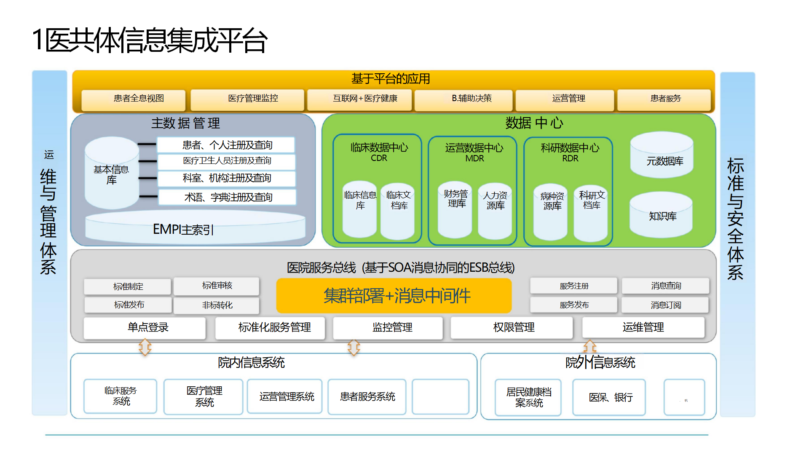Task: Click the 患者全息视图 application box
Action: pos(134,99)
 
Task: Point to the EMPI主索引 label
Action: pos(183,230)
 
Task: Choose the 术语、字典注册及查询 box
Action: pos(228,197)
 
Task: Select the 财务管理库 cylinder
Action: pos(455,209)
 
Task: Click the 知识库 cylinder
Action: pos(661,215)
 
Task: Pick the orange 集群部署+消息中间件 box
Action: pos(394,296)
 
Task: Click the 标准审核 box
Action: pos(217,286)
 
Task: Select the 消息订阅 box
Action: pos(665,305)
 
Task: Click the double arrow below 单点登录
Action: pos(145,348)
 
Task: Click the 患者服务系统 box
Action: pos(367,397)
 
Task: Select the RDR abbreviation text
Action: pos(570,159)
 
